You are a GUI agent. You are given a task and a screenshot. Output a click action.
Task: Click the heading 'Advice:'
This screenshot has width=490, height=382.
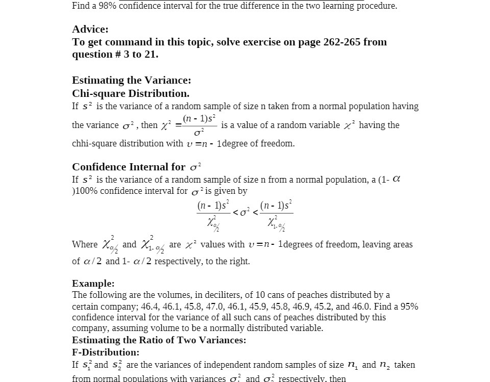coord(90,30)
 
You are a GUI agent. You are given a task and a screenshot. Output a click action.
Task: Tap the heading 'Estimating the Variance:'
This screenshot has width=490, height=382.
coord(131,81)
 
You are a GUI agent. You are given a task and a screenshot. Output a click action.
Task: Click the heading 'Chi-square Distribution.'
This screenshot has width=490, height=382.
coord(131,94)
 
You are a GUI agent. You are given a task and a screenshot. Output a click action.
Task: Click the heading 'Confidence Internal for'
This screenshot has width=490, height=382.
coord(129,167)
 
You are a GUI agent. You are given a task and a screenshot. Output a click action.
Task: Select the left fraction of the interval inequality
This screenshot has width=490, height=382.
coord(213,214)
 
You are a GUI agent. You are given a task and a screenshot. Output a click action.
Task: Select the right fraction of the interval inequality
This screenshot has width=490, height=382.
coord(276,214)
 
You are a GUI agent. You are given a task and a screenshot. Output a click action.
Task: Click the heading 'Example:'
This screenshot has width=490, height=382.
coord(93,284)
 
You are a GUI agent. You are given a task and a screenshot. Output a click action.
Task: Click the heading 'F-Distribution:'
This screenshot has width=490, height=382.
coord(106,352)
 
